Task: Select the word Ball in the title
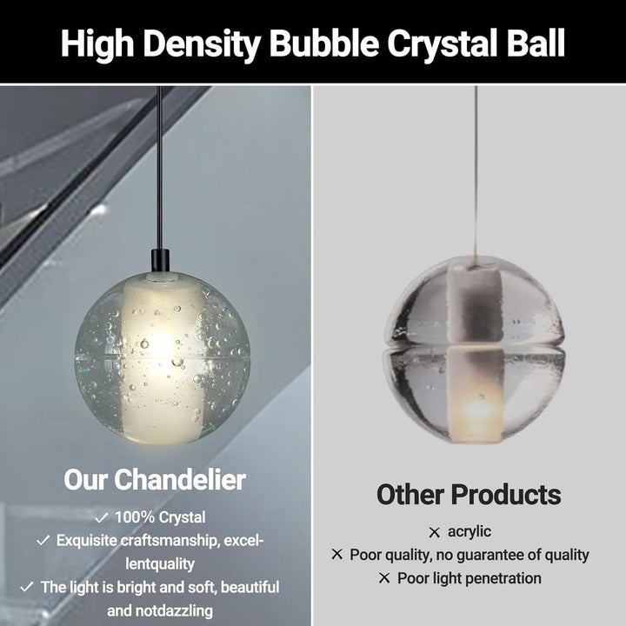coord(533,43)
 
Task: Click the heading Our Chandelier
coord(155,479)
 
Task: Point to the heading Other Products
coord(469,495)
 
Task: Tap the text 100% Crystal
coord(161,518)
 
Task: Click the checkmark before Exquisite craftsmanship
coord(43,541)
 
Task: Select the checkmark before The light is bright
coord(27,587)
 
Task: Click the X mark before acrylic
coord(434,532)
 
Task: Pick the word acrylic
coord(469,532)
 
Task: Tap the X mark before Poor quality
coord(336,555)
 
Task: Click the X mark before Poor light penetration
coord(383,578)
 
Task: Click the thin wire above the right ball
coord(476,174)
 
